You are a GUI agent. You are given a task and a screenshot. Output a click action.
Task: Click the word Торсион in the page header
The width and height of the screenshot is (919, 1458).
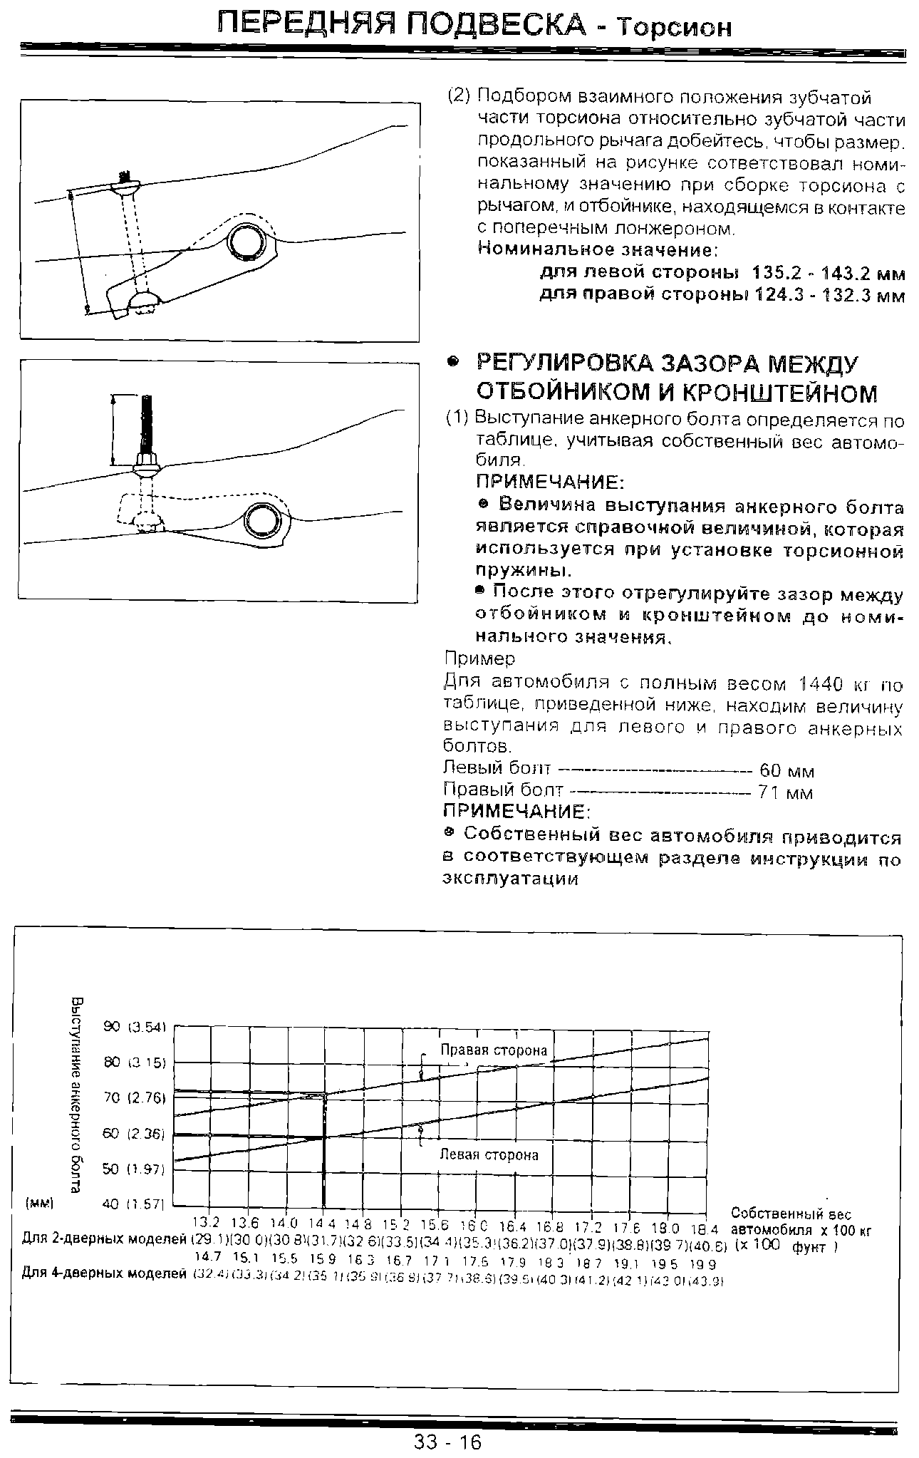[674, 27]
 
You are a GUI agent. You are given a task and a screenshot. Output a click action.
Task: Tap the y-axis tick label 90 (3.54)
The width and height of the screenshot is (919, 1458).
[135, 1027]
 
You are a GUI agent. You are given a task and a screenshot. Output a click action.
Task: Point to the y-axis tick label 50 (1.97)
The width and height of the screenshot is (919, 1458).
[135, 1169]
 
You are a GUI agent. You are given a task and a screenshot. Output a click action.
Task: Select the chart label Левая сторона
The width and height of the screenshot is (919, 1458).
[489, 1155]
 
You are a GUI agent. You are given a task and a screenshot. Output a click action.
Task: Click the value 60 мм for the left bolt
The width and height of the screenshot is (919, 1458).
[786, 771]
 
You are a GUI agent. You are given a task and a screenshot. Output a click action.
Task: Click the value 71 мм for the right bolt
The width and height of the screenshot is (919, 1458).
[786, 793]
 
